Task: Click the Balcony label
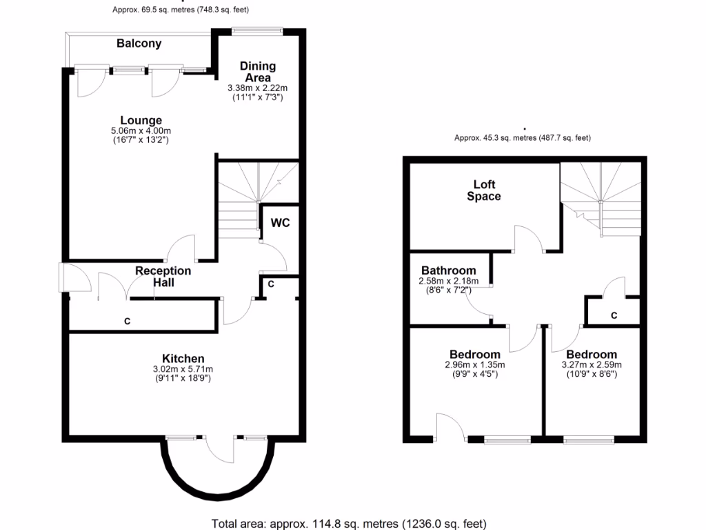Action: click(139, 43)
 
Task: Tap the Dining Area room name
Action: click(257, 72)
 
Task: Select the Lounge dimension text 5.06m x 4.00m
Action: click(141, 131)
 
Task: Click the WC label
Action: click(280, 223)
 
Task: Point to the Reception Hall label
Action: click(163, 276)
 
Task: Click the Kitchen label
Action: click(183, 358)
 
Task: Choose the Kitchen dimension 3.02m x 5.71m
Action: click(183, 369)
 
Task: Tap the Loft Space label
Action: click(484, 190)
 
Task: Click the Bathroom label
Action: click(448, 271)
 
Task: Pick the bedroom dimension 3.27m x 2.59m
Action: click(592, 365)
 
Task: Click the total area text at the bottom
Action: click(348, 522)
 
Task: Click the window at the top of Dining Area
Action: click(257, 30)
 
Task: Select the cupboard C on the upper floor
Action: click(614, 315)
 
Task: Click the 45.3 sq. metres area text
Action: click(522, 138)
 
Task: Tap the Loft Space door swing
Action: click(529, 238)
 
